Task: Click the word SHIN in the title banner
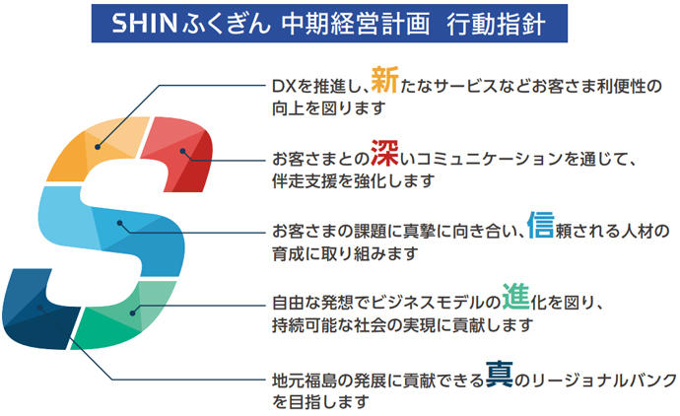[145, 24]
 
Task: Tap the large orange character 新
[384, 80]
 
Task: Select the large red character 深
[384, 153]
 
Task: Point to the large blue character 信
[541, 225]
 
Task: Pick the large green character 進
[516, 297]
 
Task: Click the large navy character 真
[499, 374]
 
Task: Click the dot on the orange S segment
[98, 147]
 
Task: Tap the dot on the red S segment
[183, 151]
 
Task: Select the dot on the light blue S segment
[120, 223]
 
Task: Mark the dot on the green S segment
[133, 312]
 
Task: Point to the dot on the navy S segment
[39, 308]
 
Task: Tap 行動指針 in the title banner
[496, 24]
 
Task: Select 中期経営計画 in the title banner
[356, 24]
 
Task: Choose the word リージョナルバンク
[604, 381]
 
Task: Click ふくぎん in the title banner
[227, 24]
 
